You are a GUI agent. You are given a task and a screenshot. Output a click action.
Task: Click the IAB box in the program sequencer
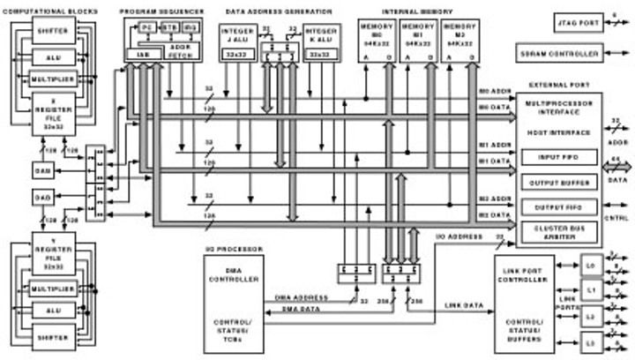pyautogui.click(x=143, y=54)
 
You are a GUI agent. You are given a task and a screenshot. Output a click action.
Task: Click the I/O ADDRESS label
pyautogui.click(x=459, y=237)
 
